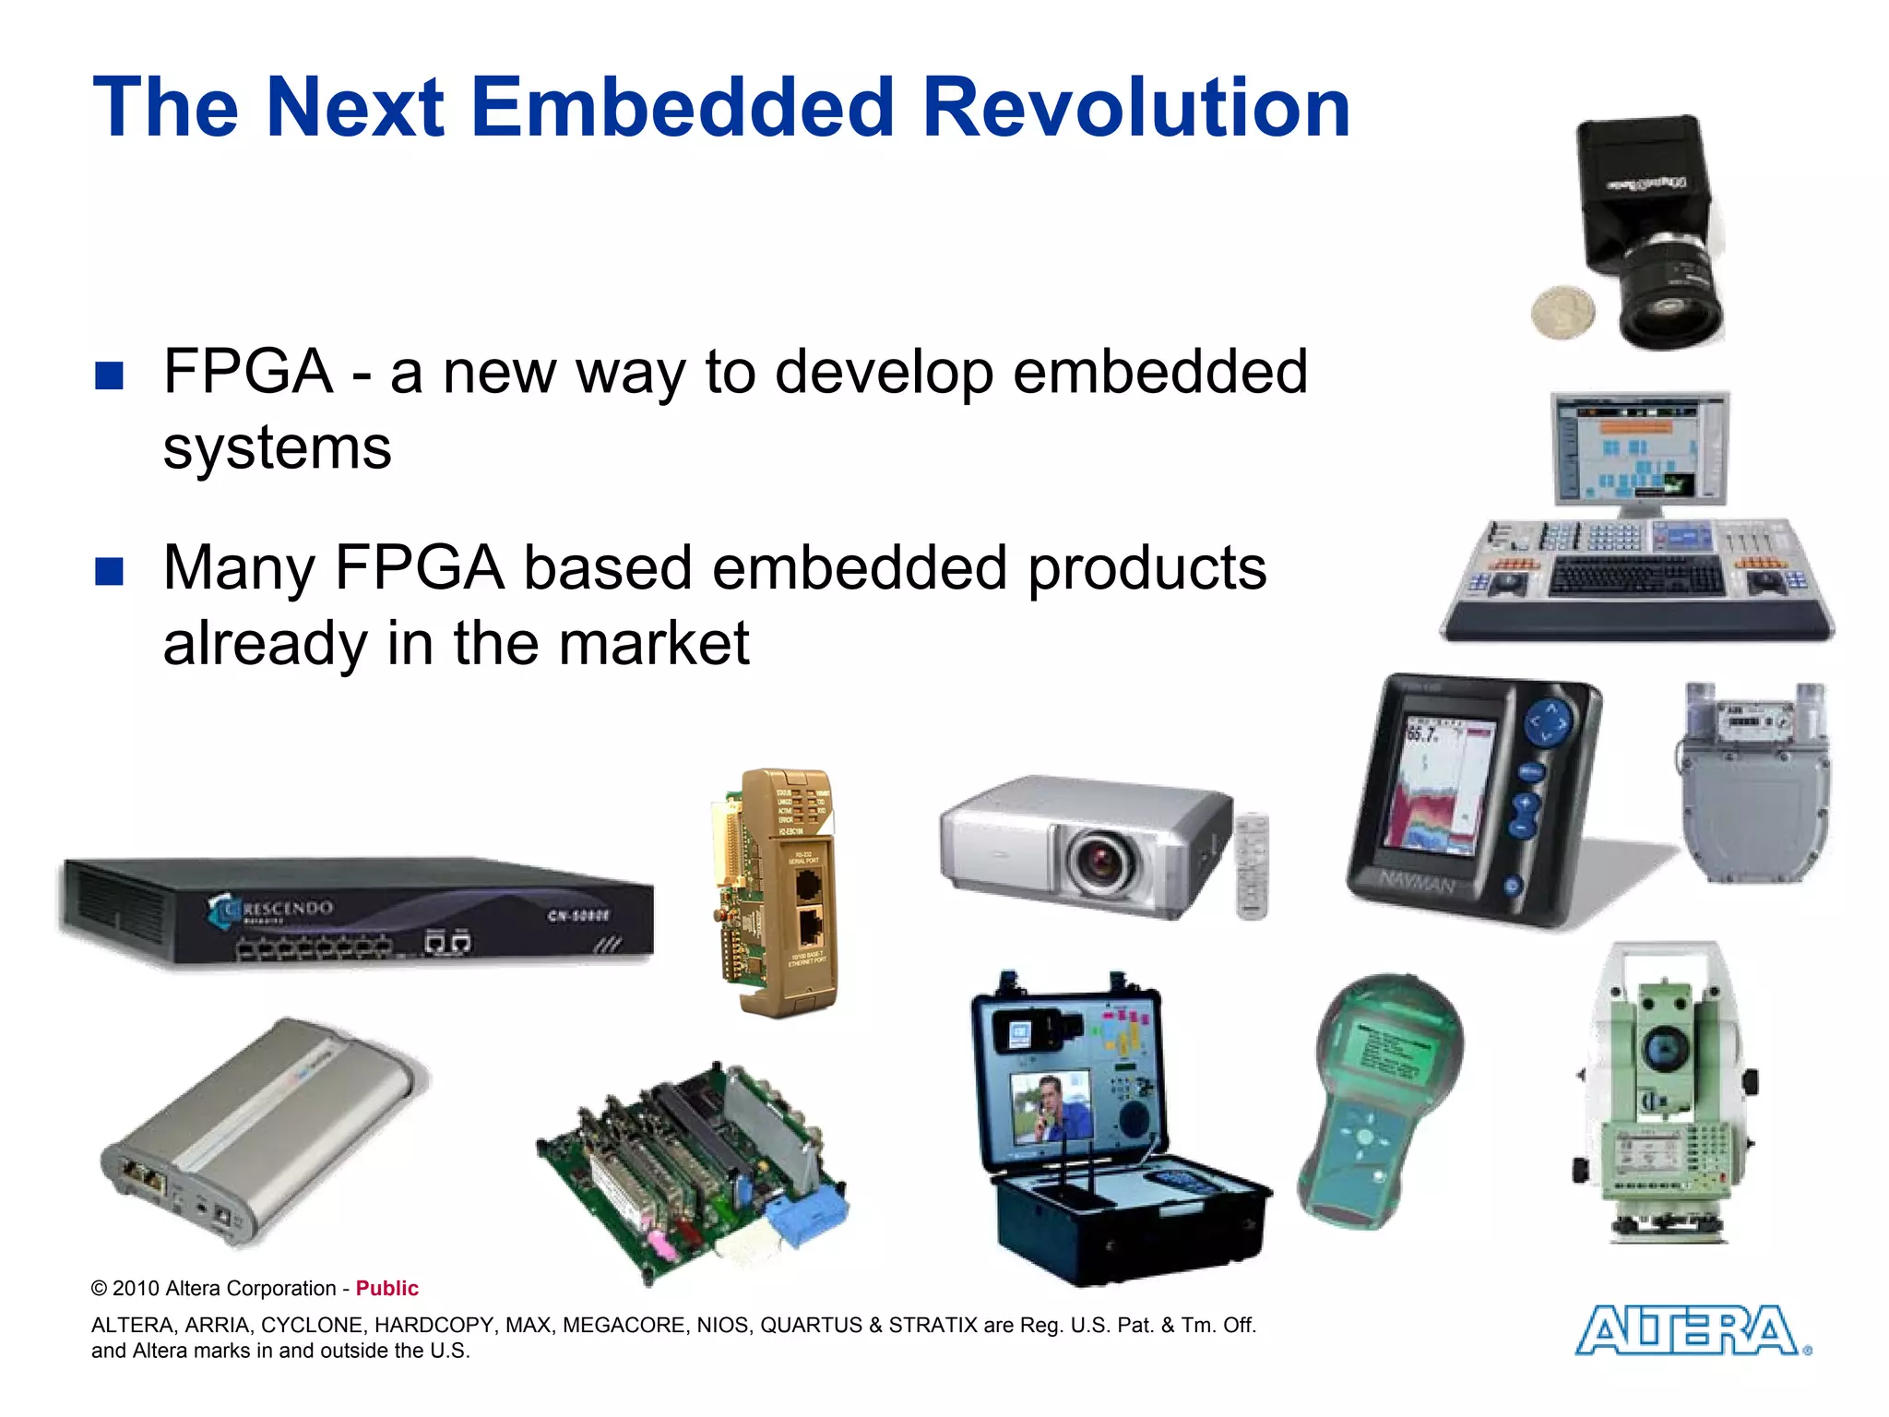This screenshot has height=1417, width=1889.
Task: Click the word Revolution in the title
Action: point(1136,108)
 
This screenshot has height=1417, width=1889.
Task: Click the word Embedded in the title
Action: point(683,108)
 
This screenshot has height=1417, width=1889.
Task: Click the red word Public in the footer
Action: point(386,1288)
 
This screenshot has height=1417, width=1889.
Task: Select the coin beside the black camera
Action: point(1562,312)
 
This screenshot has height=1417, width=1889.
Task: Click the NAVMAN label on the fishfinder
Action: point(1417,881)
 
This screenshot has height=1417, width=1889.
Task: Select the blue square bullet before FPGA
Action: point(109,375)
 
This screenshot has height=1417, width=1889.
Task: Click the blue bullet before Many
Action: point(109,571)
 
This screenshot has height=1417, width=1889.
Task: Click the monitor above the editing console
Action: point(1639,448)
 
